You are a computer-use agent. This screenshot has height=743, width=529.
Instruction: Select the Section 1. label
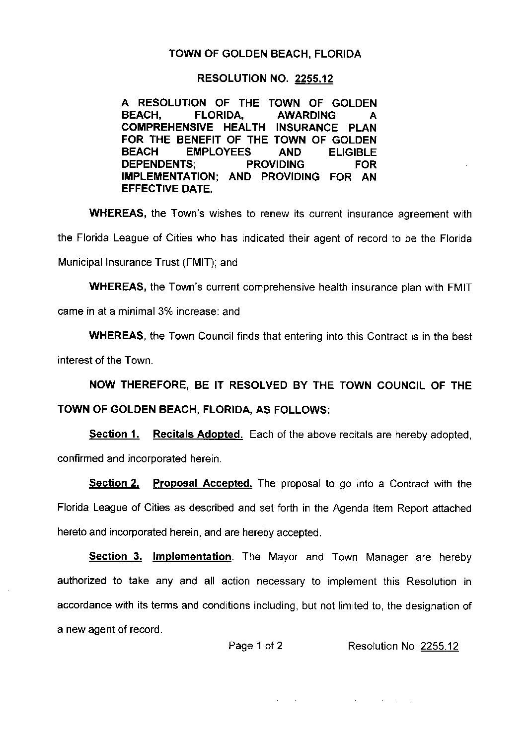114,435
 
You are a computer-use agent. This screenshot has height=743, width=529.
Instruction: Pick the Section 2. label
114,483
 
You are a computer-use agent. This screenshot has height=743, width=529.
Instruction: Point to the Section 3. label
115,557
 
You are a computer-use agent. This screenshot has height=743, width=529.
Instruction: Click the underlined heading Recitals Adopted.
198,435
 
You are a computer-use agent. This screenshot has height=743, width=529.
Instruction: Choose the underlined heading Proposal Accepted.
203,483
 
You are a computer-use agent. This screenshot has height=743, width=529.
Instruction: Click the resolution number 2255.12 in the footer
439,646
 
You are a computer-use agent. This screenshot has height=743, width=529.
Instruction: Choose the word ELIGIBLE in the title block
353,152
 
